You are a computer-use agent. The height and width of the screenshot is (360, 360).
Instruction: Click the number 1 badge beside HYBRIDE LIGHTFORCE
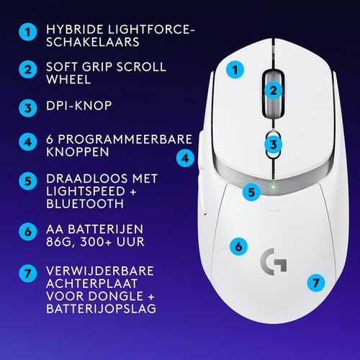[x=28, y=32]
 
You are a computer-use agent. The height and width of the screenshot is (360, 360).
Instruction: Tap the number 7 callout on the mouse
[x=316, y=283]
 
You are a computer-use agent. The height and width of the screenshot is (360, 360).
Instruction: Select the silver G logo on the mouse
[x=274, y=261]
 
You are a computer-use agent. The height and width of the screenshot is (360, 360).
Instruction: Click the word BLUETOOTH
[x=85, y=204]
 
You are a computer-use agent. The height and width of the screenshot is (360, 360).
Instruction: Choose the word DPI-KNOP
[x=79, y=106]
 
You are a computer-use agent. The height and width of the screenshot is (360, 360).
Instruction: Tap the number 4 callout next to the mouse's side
[x=185, y=158]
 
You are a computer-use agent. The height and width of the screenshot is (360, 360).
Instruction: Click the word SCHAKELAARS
[x=93, y=42]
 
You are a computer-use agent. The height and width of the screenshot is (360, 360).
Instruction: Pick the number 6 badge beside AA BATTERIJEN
[x=28, y=232]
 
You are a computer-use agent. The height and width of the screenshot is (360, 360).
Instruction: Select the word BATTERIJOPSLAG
[x=101, y=308]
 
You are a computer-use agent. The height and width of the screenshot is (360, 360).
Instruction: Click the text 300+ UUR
[x=112, y=242]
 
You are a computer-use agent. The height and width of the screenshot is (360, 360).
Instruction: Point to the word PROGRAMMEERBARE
[x=125, y=139]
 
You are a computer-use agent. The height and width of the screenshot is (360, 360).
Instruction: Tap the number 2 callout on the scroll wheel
[x=273, y=91]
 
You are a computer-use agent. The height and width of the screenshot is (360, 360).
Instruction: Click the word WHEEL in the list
[x=68, y=79]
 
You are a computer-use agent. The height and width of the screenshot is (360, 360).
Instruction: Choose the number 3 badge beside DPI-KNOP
[x=28, y=108]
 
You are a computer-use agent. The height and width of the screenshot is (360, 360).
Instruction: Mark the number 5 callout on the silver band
[x=251, y=192]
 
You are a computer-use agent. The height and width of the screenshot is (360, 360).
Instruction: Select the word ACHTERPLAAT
[x=91, y=284]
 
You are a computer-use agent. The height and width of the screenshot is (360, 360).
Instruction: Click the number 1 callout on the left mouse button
[x=235, y=70]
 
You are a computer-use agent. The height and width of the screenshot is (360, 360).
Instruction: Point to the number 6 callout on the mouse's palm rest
[x=238, y=246]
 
